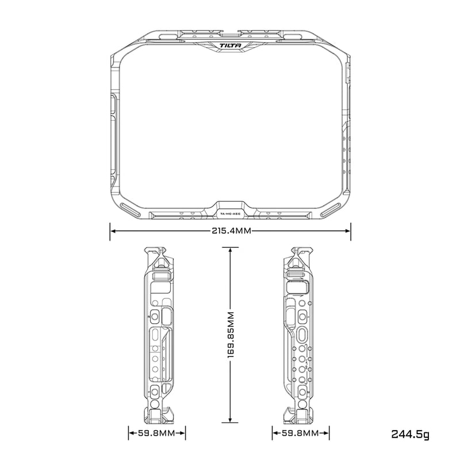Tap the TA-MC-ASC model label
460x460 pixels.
(x=229, y=214)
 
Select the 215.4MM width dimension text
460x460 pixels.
(x=229, y=231)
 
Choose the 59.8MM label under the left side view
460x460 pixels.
(x=156, y=433)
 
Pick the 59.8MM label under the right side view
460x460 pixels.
(x=302, y=433)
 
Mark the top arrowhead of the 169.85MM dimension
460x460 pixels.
(x=230, y=250)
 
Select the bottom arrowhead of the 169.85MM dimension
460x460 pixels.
(x=230, y=420)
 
